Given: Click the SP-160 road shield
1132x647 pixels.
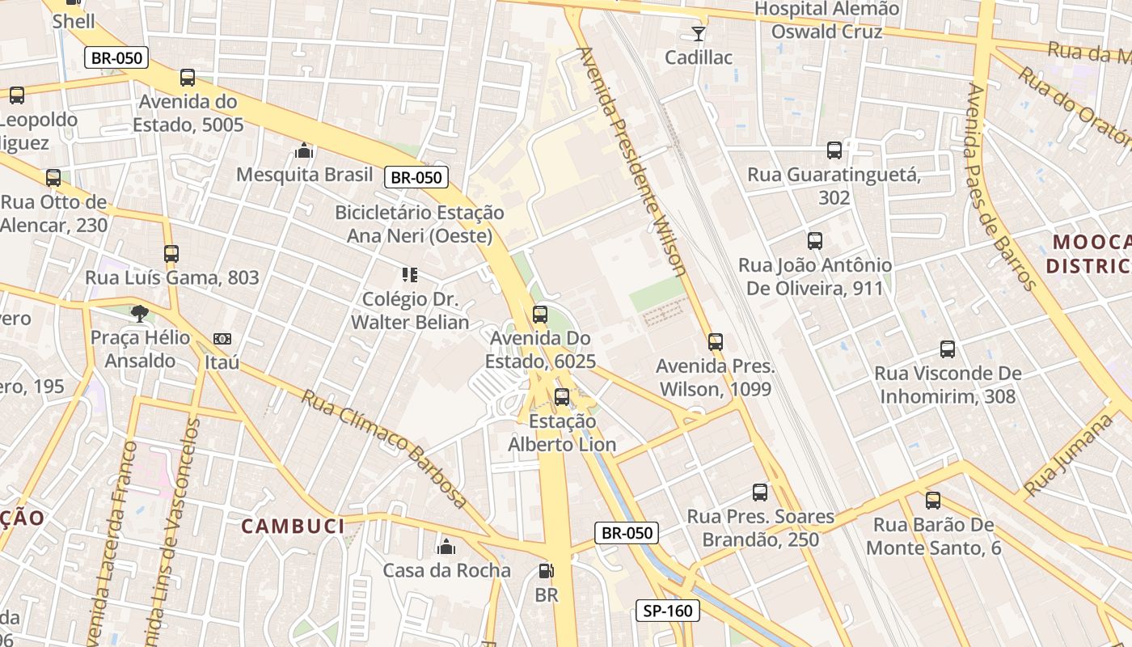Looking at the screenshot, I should point(669,611).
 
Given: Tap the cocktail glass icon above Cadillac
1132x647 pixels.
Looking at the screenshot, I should point(699,33).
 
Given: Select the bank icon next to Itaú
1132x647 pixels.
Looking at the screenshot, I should point(222,339).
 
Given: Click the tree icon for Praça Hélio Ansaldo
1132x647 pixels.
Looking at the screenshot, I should point(140,314).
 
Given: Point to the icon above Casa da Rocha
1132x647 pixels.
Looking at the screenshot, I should point(446,547).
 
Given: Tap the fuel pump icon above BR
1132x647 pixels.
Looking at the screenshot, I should point(547,571).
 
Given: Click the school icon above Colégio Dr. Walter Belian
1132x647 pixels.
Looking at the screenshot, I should point(410,275).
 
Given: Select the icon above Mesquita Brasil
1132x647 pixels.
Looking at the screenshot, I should point(304,150).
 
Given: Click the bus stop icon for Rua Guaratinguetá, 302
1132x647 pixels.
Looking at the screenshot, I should point(834,150).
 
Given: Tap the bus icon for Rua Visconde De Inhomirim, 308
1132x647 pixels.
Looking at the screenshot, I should point(948,349).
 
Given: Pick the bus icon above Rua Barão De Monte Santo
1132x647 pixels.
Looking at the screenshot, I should point(933,501).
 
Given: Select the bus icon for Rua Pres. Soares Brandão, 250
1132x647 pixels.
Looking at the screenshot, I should point(760,493).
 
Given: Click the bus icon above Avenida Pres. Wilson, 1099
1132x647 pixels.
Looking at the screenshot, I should point(716,342).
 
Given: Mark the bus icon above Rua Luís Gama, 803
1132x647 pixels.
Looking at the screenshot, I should point(171,254).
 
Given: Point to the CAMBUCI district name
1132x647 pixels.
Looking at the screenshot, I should point(294,526).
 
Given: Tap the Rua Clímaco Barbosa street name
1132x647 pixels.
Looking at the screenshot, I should point(385,449).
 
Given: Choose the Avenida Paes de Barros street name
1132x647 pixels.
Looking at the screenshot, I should point(1001,186).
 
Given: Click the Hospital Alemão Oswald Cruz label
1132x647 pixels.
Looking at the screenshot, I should point(826,20).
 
